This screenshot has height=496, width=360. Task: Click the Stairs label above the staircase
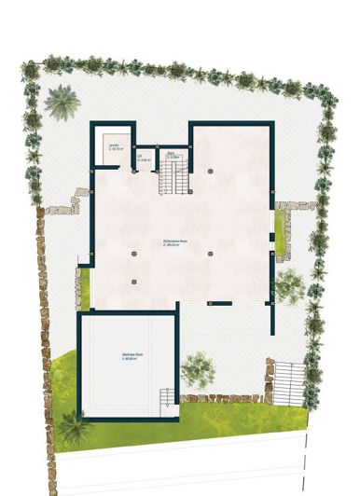coord(172,154)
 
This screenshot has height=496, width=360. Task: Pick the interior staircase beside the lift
coord(172,177)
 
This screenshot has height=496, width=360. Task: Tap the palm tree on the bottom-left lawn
coord(75,427)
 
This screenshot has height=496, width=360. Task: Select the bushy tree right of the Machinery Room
coord(197,368)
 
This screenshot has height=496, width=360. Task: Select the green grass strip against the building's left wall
coord(85,289)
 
